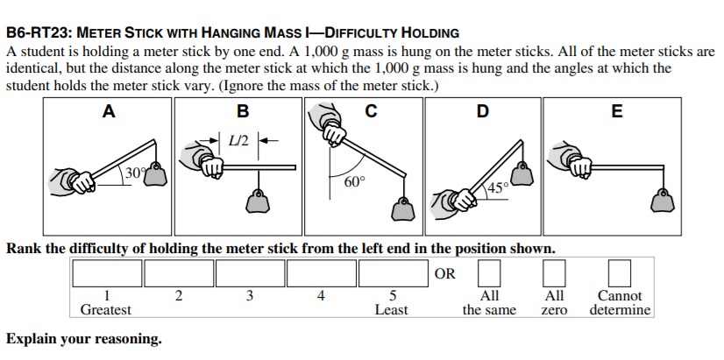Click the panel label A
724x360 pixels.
109,111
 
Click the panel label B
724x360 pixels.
243,111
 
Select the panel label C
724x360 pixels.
372,111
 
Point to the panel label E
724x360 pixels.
617,111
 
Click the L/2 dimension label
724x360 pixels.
238,140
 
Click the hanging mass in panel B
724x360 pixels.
257,202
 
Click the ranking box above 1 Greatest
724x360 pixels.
107,274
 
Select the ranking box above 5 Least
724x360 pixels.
393,274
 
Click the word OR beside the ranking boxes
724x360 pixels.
445,274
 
